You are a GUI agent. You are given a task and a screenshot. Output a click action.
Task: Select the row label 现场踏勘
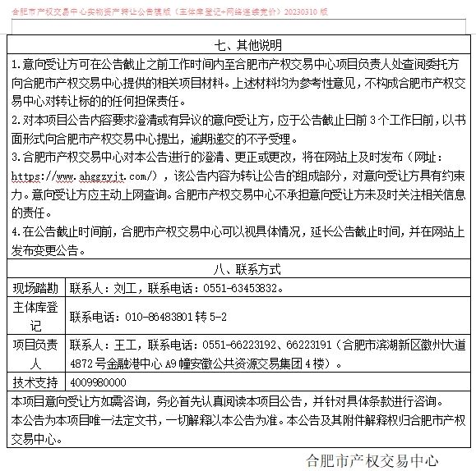pyautogui.click(x=35, y=289)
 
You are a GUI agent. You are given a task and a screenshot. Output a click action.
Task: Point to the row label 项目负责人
pyautogui.click(x=35, y=354)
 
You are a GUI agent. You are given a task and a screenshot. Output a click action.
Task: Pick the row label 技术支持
pyautogui.click(x=35, y=382)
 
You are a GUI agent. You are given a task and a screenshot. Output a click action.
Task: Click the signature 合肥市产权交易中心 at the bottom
pyautogui.click(x=372, y=459)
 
